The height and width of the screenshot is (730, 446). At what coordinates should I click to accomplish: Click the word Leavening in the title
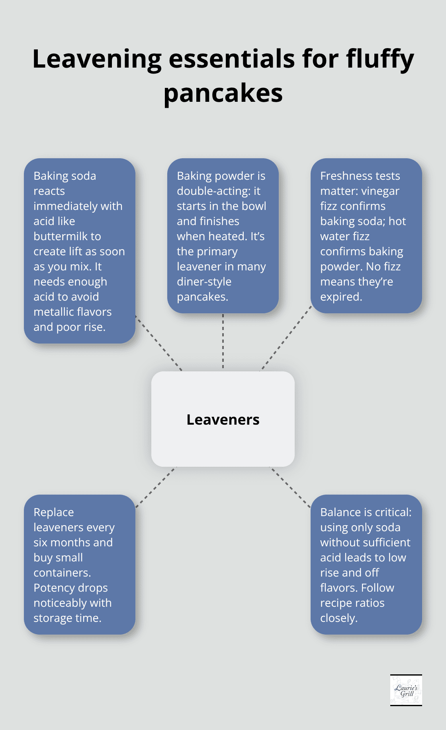point(97,59)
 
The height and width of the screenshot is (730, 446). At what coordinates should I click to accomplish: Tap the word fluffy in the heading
point(380,59)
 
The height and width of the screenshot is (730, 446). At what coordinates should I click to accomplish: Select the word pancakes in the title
point(223,94)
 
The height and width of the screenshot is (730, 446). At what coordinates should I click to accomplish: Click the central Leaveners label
point(223,419)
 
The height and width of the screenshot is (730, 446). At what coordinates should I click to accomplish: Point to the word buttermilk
point(67,236)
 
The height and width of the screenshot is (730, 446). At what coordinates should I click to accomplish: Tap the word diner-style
point(204,282)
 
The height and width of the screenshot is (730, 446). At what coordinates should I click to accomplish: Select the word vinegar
point(380,191)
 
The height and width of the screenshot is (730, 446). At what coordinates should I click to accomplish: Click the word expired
point(341,297)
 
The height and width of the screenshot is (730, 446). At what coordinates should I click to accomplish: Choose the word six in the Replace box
point(41,542)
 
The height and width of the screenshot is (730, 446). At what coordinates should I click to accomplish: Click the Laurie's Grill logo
point(406,690)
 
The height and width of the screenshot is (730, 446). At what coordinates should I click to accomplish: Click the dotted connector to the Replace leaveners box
point(156,487)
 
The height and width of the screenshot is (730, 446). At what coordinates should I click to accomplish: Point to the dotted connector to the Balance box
point(290,487)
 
